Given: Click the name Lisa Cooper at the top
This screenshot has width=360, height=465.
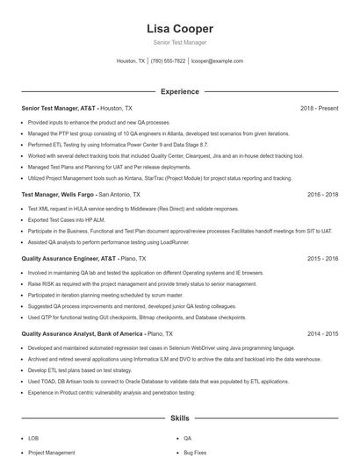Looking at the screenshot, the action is pos(180,29).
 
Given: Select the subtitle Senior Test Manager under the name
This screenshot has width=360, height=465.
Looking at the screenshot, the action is pos(180,42).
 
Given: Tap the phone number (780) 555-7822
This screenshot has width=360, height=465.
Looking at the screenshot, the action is pos(168,61).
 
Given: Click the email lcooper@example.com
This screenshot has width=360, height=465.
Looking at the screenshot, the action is pos(217,61).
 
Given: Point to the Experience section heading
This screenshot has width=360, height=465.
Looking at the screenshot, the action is pos(180,91).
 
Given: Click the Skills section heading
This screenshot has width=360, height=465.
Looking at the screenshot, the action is pos(180,419).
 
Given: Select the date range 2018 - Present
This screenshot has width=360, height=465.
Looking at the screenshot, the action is pos(319,108).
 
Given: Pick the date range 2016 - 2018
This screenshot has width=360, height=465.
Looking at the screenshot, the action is pos(322,194).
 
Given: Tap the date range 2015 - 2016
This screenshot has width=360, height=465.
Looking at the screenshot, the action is pos(322,259).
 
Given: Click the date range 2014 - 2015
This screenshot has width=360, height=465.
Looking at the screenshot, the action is pos(322,333).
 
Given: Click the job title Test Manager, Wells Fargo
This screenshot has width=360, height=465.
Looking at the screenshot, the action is pos(58,194).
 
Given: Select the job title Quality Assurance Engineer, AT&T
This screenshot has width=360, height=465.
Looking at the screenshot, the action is pos(68,259).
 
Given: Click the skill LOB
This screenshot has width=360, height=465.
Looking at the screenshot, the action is pos(33,438).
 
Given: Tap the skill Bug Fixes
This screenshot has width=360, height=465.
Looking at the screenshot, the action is pos(195,453).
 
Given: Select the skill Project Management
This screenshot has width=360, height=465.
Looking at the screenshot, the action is pos(51,453).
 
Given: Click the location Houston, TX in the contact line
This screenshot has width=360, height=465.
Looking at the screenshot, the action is pos(130,61).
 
